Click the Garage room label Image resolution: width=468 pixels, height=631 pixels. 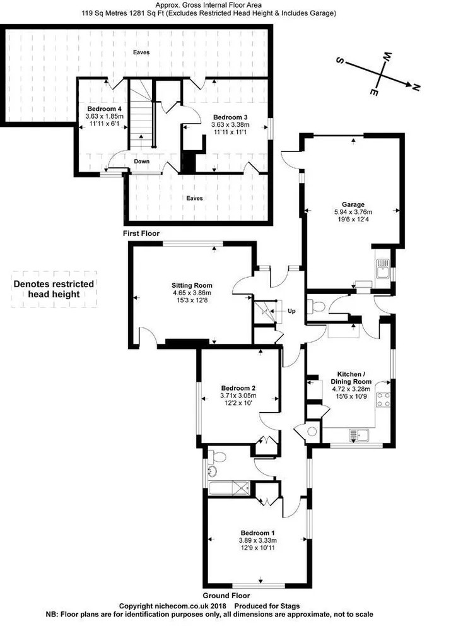click(353, 204)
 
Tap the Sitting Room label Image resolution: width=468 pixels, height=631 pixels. click(192, 286)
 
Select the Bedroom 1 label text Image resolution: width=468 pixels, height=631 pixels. click(257, 533)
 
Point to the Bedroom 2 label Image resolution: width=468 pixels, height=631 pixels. click(238, 388)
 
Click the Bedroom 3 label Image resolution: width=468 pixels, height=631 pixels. click(230, 117)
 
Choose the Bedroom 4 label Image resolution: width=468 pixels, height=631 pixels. click(104, 109)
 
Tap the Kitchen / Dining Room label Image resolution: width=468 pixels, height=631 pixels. click(351, 378)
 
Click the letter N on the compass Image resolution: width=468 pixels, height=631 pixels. click(416, 86)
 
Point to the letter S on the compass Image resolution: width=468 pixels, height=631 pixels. click(340, 61)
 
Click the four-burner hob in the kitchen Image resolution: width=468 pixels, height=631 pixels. click(383, 399)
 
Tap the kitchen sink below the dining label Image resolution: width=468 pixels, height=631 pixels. click(360, 435)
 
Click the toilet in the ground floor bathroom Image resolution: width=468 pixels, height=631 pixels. click(216, 457)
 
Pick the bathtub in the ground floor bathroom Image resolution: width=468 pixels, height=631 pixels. click(229, 488)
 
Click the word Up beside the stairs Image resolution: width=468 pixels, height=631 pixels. click(291, 311)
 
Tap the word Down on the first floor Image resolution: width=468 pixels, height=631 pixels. click(142, 162)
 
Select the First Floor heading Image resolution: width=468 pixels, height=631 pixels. click(141, 233)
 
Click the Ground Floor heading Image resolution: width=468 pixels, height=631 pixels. click(226, 596)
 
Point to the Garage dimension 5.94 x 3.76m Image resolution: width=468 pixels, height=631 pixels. click(353, 212)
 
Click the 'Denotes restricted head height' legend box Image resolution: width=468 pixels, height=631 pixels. click(54, 289)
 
